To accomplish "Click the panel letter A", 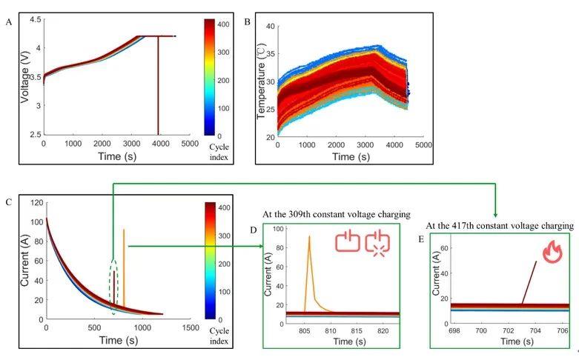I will [x=9, y=22].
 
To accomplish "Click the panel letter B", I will [x=248, y=22].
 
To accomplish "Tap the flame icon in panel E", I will [x=552, y=253].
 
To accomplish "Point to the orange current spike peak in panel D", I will [x=309, y=237].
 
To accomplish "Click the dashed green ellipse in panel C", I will [x=113, y=284].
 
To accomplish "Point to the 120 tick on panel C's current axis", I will [x=33, y=201].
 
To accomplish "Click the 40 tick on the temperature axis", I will [x=270, y=27].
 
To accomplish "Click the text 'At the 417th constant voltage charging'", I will [x=499, y=224].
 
